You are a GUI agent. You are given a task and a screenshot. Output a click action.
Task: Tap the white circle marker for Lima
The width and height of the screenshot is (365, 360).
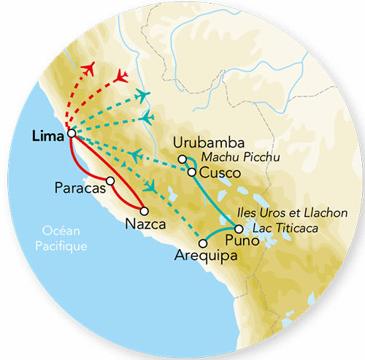point(71,134)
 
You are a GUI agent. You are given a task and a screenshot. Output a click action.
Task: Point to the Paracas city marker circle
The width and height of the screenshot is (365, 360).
point(110,180)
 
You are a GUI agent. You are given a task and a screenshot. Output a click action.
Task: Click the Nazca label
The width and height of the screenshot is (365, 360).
point(142,223)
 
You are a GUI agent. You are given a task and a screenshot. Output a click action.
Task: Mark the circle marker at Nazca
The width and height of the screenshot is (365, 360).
point(153,211)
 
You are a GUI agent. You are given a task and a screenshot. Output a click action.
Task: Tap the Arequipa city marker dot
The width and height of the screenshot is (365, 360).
point(202,243)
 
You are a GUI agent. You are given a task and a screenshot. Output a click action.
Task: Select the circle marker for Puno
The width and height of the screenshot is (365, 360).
point(239,229)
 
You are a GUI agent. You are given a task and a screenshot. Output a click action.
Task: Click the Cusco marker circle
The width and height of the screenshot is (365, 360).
point(191,172)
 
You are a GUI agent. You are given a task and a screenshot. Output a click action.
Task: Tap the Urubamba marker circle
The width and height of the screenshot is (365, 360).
point(182,158)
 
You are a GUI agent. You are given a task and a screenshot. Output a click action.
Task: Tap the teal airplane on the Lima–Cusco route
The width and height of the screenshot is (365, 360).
point(137,155)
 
